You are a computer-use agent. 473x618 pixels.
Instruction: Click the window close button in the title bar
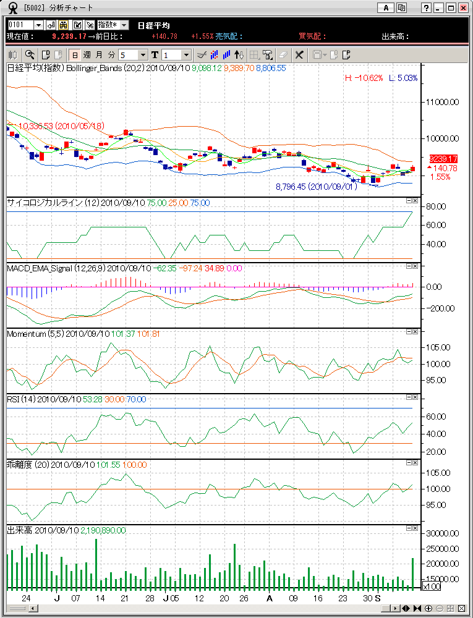pyautogui.click(x=462, y=8)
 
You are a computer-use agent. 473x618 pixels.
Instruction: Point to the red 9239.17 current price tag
pyautogui.click(x=443, y=159)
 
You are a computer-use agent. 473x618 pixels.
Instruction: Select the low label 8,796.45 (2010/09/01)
pyautogui.click(x=316, y=186)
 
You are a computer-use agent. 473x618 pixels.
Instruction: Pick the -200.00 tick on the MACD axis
pyautogui.click(x=441, y=308)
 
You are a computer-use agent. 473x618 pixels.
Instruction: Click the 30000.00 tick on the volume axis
pyautogui.click(x=445, y=533)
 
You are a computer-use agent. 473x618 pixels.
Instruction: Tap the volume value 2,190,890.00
pyautogui.click(x=103, y=530)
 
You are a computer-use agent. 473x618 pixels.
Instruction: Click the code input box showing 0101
pyautogui.click(x=20, y=25)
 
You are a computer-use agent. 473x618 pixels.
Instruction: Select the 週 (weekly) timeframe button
pyautogui.click(x=87, y=54)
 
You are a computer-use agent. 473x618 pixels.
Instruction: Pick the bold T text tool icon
pyautogui.click(x=155, y=54)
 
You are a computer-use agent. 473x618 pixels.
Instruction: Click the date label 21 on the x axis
pyautogui.click(x=124, y=599)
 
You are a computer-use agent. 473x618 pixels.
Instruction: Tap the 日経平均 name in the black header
pyautogui.click(x=153, y=25)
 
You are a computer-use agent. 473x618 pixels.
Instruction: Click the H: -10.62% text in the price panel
pyautogui.click(x=364, y=78)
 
